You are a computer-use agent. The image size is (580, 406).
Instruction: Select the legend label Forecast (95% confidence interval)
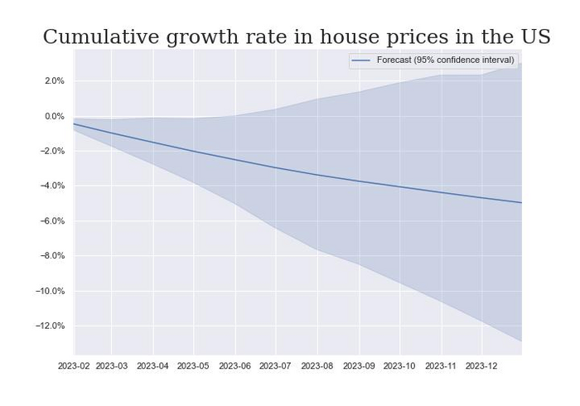(x=445, y=60)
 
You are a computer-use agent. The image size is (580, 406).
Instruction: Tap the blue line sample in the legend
(x=361, y=60)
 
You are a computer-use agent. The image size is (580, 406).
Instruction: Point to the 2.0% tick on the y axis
(x=55, y=81)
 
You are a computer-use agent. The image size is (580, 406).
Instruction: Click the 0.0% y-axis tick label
(x=55, y=116)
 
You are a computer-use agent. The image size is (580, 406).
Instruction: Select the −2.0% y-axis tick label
(x=52, y=151)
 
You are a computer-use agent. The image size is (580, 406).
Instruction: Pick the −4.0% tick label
(x=52, y=186)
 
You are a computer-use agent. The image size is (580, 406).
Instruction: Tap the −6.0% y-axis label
(x=52, y=221)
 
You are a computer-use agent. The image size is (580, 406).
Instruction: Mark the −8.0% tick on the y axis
(x=52, y=256)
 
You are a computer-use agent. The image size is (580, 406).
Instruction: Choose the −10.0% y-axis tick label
(x=50, y=291)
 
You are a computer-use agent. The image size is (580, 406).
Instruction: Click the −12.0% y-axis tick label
(x=50, y=326)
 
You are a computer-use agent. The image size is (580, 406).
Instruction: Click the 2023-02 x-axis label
(x=74, y=365)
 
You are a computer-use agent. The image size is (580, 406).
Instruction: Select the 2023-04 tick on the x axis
(x=152, y=365)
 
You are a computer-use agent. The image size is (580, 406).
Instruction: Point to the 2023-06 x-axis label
(x=234, y=365)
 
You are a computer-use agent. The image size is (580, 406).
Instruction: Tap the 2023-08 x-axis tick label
(x=317, y=365)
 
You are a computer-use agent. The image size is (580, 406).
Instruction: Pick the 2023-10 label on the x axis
(x=399, y=365)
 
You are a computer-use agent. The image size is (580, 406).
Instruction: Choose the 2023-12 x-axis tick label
(x=481, y=365)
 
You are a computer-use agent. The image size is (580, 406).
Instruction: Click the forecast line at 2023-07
(x=275, y=167)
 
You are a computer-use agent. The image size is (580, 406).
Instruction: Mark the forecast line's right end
(x=521, y=202)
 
